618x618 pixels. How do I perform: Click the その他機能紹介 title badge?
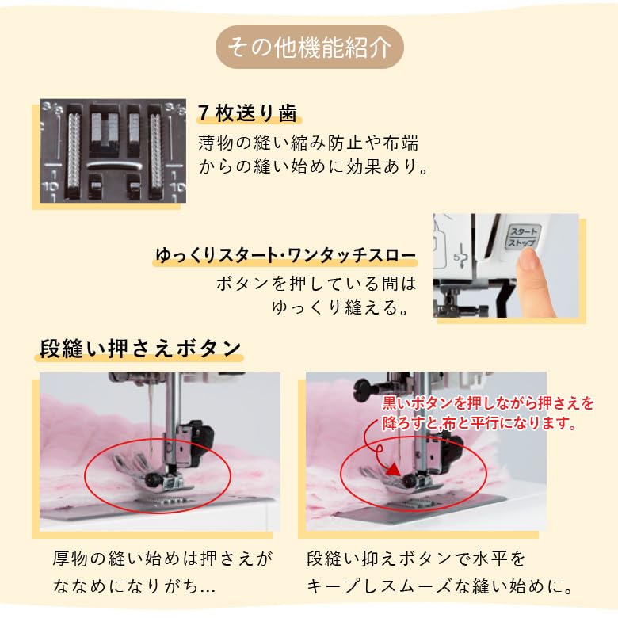309,47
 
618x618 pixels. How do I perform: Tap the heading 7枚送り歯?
247,113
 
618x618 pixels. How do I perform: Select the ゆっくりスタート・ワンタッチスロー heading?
285,255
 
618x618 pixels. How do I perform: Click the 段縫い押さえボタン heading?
140,349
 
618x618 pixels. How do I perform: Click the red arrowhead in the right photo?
393,469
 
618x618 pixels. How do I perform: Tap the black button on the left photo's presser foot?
151,479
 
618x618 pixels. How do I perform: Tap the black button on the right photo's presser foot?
408,479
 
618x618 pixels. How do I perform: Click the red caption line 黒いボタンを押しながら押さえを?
488,403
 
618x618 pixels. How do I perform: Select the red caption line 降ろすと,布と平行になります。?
479,423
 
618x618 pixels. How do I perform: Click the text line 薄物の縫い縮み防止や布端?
308,143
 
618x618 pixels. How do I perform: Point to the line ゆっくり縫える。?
341,307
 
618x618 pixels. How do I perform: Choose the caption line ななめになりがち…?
134,586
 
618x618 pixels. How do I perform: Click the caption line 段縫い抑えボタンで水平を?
416,559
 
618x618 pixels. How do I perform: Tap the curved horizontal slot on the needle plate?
113,165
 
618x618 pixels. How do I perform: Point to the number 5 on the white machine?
456,257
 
